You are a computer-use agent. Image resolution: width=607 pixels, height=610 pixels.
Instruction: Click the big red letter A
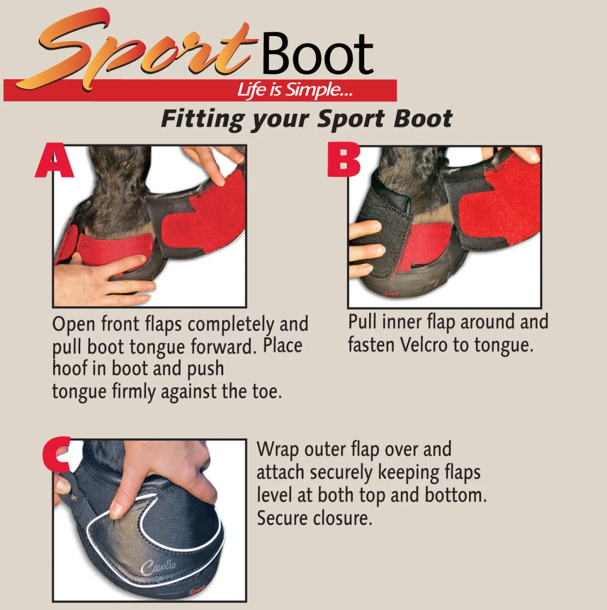pos(54,161)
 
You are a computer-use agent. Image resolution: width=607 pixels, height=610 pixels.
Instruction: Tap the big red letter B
pos(343,160)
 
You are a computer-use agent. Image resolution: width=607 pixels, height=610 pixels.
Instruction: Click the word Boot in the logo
pos(317,54)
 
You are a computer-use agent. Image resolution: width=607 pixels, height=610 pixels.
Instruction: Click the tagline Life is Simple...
pos(294,90)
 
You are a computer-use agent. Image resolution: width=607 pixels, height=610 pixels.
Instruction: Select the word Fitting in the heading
pos(202,119)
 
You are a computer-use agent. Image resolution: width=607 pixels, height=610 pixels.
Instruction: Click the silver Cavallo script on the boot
pos(158,566)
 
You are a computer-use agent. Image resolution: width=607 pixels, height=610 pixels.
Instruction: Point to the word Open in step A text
pos(74,324)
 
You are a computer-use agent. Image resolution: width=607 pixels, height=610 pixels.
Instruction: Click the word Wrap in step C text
pos(277,449)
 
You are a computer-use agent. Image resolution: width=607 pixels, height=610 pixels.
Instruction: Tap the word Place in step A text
pos(283,346)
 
